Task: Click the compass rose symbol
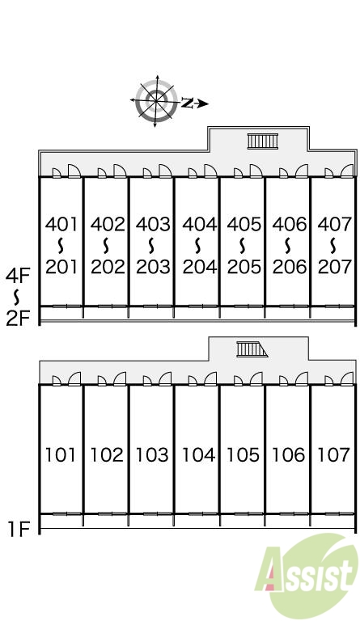point(155,101)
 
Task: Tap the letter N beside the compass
point(188,103)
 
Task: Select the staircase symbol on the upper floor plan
point(263,142)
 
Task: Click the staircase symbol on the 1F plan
point(252,349)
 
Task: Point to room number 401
point(61,224)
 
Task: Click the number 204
point(200,267)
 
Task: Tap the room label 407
point(335,224)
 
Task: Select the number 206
point(290,267)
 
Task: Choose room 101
point(61,454)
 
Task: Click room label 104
point(198,454)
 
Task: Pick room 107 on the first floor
point(334,454)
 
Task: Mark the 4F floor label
point(18,276)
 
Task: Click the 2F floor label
point(18,318)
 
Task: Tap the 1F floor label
point(19,529)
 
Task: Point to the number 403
point(153,224)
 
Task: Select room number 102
point(107,454)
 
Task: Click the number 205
point(244,267)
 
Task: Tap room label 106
point(288,454)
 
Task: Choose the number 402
point(108,224)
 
